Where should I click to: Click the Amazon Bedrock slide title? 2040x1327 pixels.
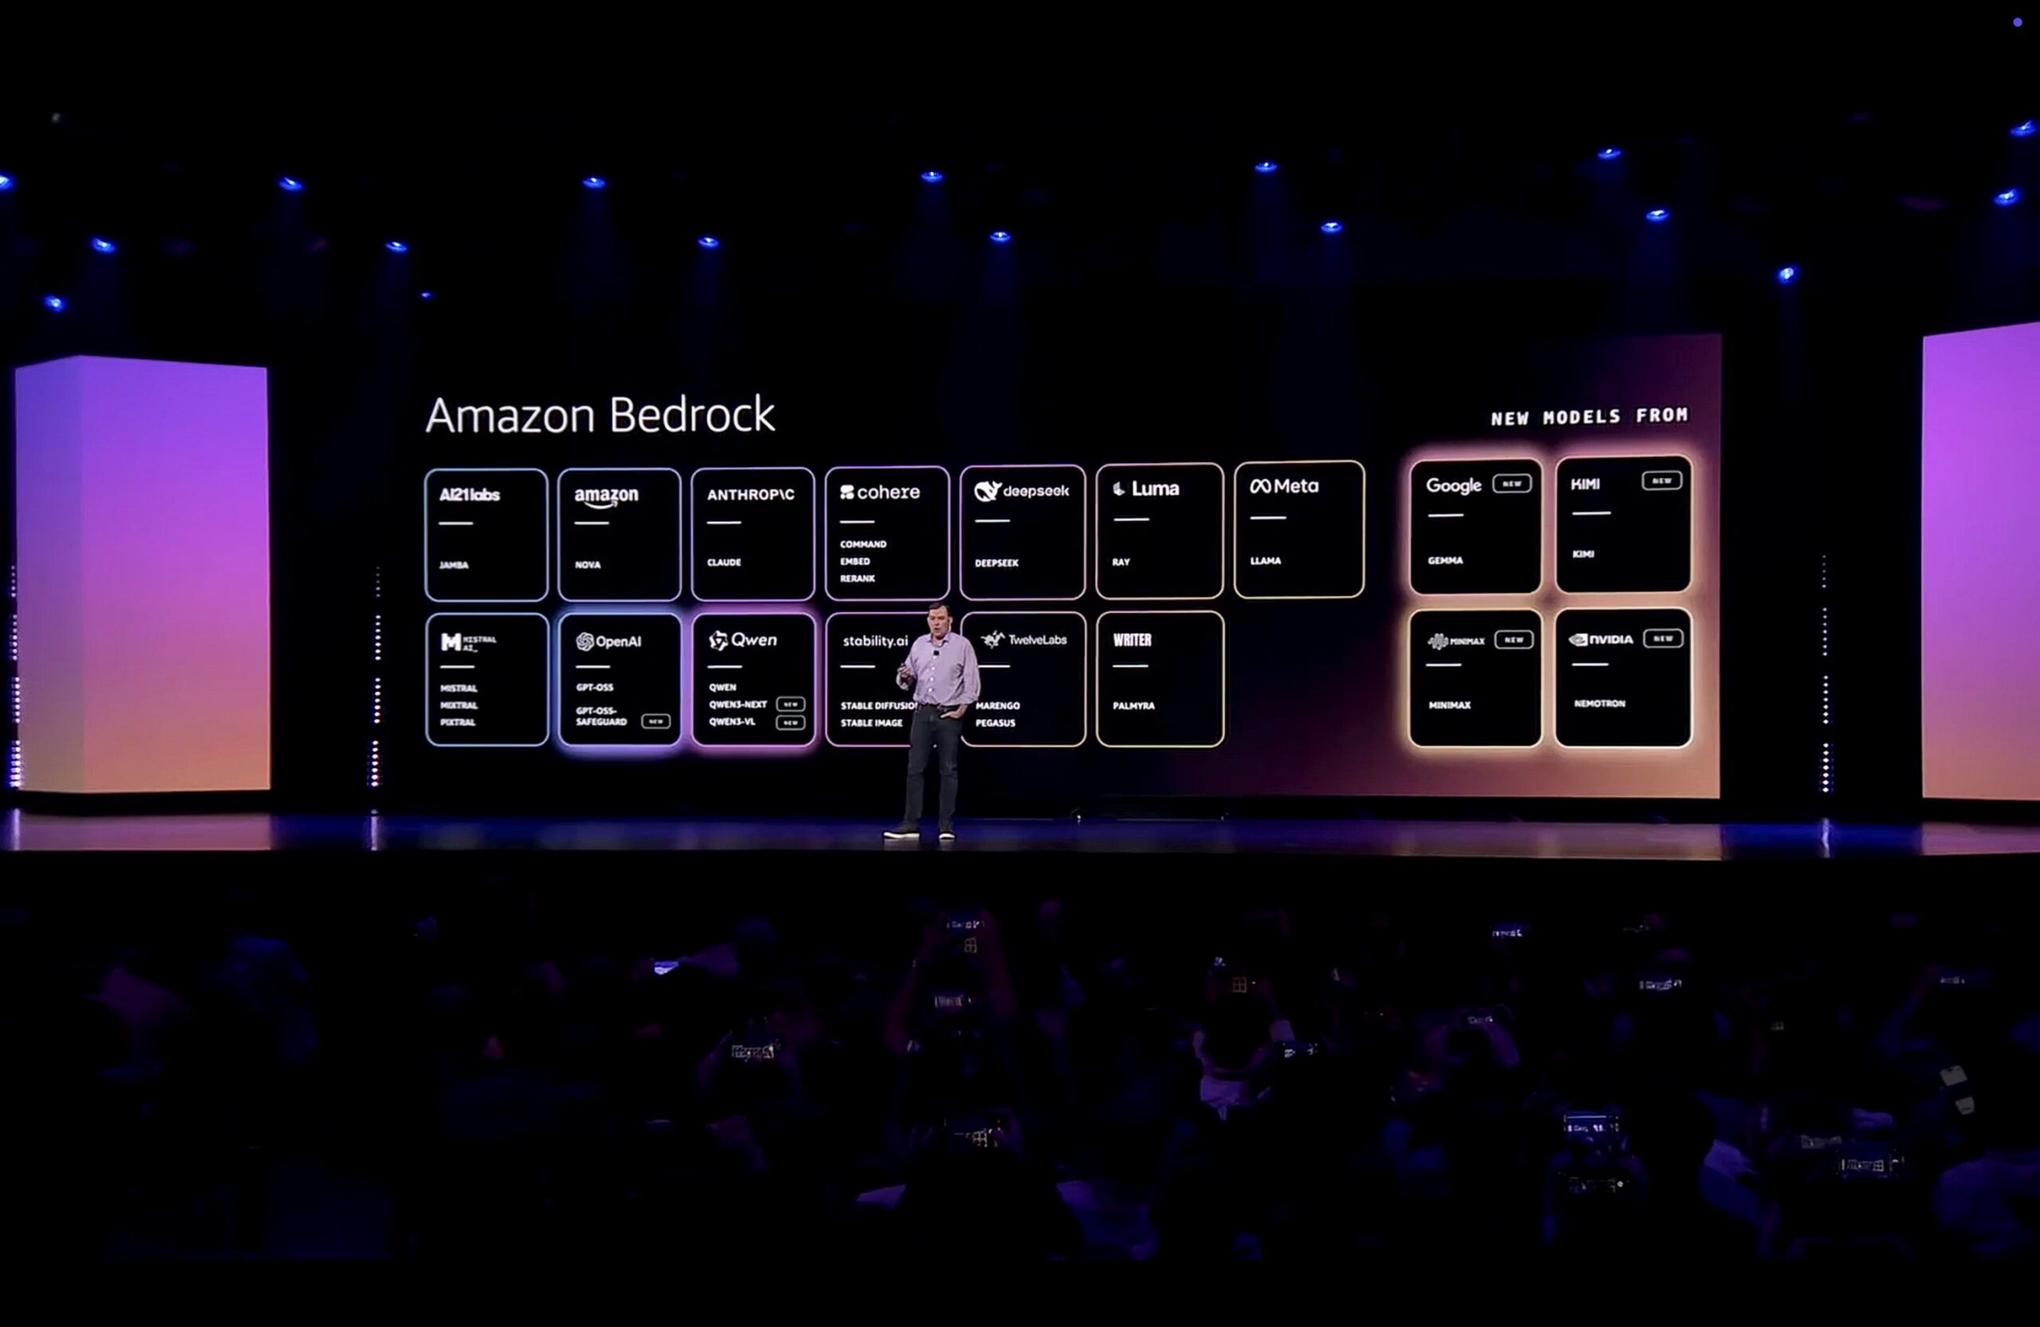(600, 415)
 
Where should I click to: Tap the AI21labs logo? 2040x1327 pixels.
(469, 495)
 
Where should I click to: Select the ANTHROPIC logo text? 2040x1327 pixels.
(750, 495)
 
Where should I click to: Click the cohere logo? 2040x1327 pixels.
(880, 492)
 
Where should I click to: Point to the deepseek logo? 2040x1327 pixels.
(1022, 491)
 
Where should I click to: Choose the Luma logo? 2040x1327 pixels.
(1146, 489)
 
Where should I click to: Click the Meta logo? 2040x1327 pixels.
(1284, 486)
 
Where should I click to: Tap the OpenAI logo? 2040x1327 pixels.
(609, 642)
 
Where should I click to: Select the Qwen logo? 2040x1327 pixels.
(743, 639)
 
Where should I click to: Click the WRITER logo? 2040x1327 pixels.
(1132, 639)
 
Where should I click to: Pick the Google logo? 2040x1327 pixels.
(1453, 485)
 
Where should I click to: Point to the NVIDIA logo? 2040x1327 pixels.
(1600, 638)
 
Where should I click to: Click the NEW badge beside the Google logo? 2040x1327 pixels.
(1511, 484)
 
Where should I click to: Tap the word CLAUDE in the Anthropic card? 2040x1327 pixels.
(724, 563)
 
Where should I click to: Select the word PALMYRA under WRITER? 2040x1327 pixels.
(1133, 705)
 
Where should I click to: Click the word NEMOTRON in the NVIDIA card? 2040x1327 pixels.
(1599, 704)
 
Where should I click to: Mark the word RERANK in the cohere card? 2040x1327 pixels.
(857, 579)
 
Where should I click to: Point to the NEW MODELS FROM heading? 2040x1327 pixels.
(1589, 417)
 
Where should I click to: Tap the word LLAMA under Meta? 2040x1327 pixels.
(1265, 560)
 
